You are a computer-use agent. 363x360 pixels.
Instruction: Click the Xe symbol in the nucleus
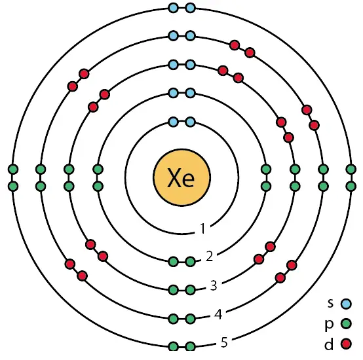(x=181, y=177)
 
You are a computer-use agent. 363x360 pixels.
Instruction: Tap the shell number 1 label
(x=203, y=228)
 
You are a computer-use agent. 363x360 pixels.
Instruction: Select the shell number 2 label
(x=209, y=256)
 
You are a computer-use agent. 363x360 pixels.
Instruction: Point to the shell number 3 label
(x=214, y=285)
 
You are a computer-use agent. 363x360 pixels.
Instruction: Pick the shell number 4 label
(x=218, y=314)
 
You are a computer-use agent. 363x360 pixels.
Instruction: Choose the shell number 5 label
(x=224, y=342)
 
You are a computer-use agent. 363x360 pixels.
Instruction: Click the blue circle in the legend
(x=346, y=304)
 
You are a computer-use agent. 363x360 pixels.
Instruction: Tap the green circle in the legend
(x=346, y=323)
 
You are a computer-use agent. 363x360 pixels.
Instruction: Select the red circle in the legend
(x=346, y=344)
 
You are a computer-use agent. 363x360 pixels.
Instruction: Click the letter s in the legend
(x=330, y=303)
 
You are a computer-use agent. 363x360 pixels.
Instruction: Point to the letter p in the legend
(x=329, y=325)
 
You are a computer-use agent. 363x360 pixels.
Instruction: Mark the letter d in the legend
(x=329, y=344)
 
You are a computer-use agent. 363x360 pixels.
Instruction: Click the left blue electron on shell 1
(x=174, y=122)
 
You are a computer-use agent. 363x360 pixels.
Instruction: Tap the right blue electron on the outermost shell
(x=190, y=8)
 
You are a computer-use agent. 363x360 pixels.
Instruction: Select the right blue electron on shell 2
(x=190, y=93)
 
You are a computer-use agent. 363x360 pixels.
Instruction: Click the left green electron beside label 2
(x=174, y=262)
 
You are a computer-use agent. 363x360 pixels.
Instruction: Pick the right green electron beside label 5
(x=190, y=347)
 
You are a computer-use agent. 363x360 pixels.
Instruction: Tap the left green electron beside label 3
(x=174, y=290)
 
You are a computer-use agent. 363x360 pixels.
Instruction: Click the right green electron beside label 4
(x=190, y=319)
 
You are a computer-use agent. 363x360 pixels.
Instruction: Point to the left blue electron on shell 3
(x=174, y=65)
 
